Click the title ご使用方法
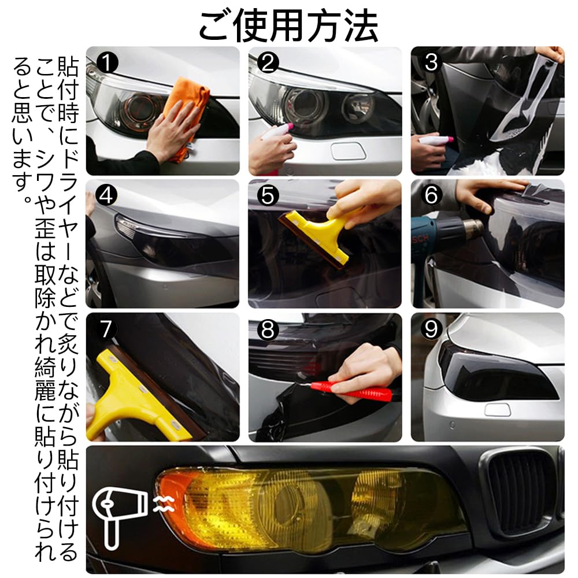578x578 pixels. coord(288,24)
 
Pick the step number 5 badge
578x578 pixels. coord(266,196)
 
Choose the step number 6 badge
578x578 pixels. coord(431,196)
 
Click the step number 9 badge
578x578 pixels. coord(431,329)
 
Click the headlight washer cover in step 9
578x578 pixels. coord(498,410)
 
